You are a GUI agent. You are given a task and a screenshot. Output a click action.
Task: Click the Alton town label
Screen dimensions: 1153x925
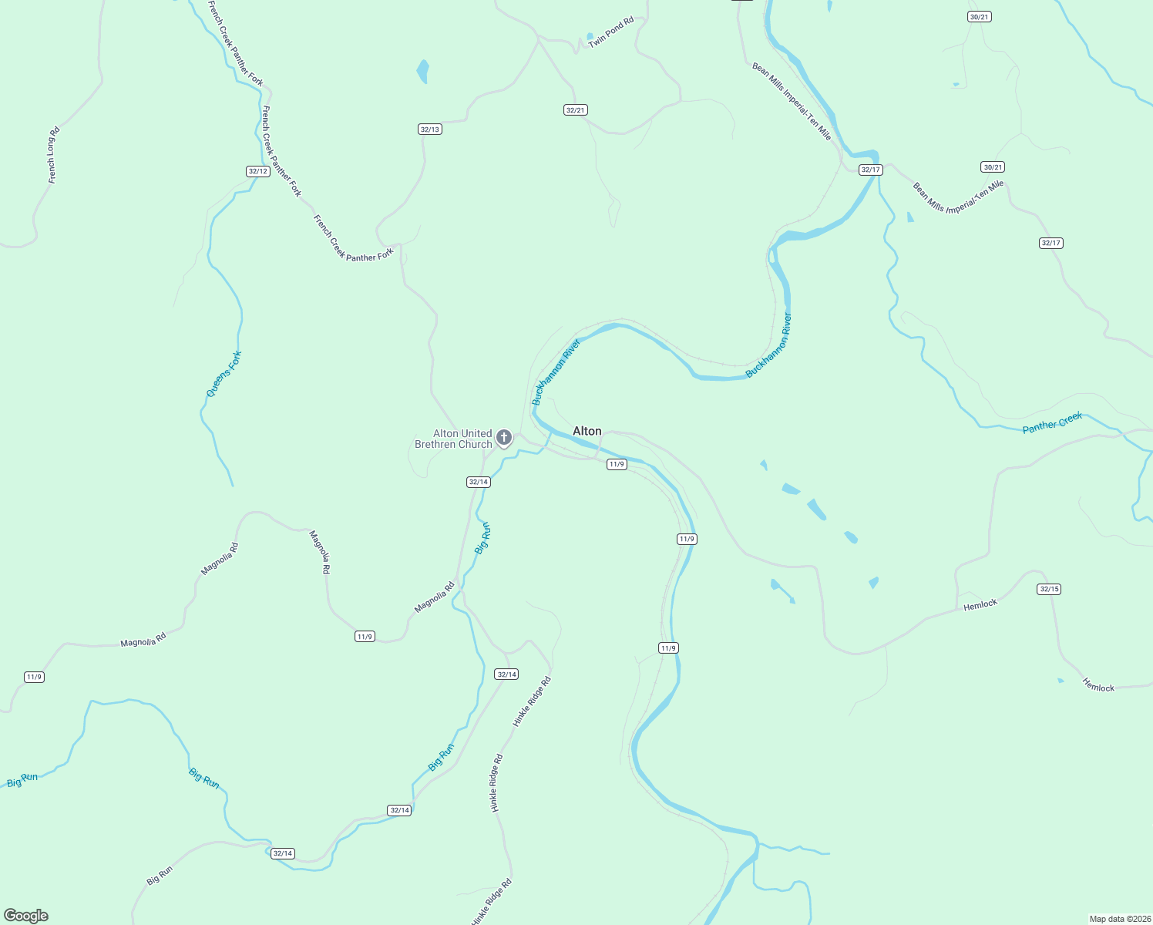click(587, 431)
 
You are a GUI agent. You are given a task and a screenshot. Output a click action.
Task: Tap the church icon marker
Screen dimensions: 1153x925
click(504, 439)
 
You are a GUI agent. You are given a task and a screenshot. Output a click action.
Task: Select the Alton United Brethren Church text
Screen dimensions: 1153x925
click(453, 439)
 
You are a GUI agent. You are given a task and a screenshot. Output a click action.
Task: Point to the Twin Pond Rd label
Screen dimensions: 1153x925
click(610, 32)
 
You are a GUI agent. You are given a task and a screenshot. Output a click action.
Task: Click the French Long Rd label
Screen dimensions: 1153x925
click(52, 155)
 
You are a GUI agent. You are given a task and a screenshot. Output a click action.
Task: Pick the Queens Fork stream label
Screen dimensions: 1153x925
click(224, 374)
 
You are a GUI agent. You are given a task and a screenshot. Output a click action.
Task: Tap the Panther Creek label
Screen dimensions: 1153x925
click(1052, 422)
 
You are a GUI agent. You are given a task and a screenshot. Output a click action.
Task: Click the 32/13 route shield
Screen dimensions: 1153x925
click(430, 129)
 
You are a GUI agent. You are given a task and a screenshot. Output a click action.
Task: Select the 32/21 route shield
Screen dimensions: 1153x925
click(576, 110)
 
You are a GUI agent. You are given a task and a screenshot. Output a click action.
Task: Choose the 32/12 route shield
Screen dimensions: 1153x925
click(258, 171)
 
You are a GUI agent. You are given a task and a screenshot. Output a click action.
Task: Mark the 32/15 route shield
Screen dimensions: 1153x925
click(1049, 589)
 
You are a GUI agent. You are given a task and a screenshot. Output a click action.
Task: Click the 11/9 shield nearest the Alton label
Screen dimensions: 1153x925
click(617, 464)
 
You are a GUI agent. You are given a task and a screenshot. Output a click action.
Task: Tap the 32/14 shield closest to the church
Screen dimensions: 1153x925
click(479, 482)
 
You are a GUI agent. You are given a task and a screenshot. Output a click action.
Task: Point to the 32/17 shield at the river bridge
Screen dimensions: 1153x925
click(870, 170)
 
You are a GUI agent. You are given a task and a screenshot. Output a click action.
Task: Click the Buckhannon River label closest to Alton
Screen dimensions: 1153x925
click(556, 372)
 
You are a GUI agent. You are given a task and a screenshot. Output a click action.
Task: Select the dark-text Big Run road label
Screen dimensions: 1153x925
click(160, 876)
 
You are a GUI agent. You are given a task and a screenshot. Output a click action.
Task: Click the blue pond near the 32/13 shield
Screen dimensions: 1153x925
click(422, 71)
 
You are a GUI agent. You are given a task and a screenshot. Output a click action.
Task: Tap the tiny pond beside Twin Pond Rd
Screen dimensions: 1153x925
click(590, 36)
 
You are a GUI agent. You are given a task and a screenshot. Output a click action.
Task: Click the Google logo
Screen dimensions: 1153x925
click(26, 916)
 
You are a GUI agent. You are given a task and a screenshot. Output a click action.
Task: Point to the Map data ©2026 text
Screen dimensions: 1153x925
click(1118, 919)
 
